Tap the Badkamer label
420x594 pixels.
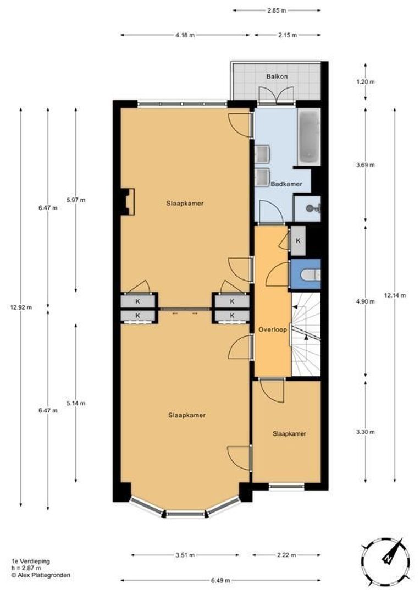coord(286,184)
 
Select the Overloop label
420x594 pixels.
coord(271,329)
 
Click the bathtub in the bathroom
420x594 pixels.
coord(309,136)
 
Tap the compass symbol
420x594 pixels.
coord(386,558)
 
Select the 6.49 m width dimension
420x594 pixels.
coord(220,580)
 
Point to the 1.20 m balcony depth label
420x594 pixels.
coord(365,82)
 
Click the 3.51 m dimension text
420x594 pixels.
coord(185,555)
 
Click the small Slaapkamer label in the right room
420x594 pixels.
coord(289,433)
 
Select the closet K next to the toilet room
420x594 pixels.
coord(298,241)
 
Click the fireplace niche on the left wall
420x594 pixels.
coord(128,202)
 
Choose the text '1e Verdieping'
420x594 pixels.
coord(30,562)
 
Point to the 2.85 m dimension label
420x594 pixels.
coord(277,10)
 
